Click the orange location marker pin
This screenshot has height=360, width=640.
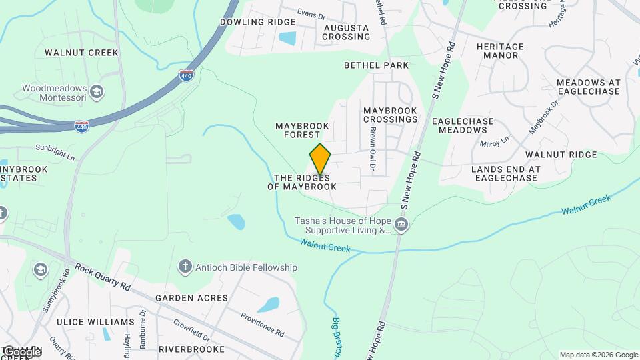click(321, 159)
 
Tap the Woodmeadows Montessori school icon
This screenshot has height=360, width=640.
click(96, 91)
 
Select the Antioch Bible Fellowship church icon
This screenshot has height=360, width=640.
click(185, 267)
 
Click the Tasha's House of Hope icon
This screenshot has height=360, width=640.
click(401, 225)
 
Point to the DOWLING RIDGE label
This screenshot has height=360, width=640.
click(248, 22)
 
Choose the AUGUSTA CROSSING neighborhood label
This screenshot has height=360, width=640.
click(346, 32)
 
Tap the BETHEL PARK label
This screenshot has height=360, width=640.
click(376, 65)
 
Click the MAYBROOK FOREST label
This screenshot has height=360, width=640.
click(298, 130)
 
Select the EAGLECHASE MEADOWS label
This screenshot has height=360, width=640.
click(463, 125)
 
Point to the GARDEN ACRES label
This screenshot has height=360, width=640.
click(191, 298)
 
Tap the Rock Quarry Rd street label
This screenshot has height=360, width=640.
click(103, 277)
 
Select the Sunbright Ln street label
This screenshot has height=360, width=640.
click(55, 151)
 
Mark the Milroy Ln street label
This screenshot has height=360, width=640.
click(494, 141)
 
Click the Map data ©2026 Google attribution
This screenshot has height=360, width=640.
click(599, 355)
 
